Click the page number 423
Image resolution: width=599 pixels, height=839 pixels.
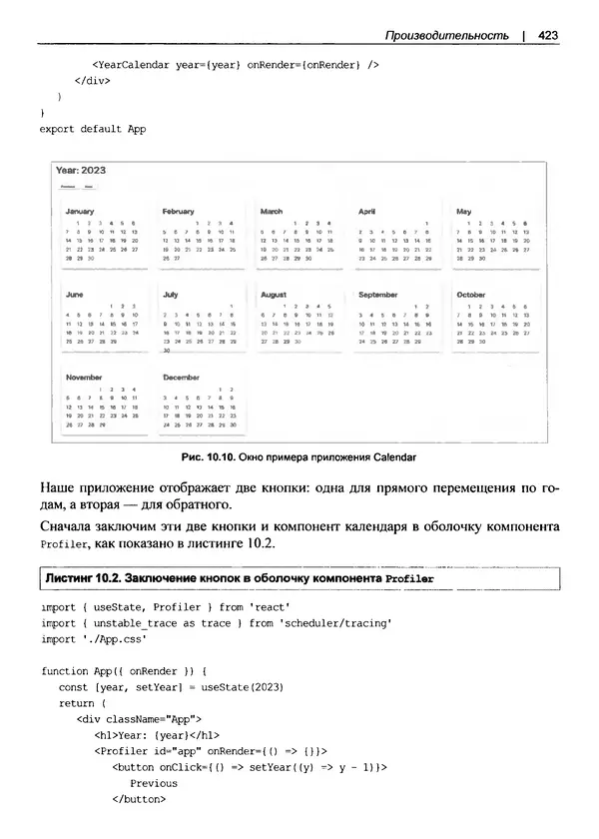pyautogui.click(x=546, y=35)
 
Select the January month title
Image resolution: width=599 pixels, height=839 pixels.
pyautogui.click(x=80, y=212)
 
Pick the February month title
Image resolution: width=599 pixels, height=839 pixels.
pyautogui.click(x=178, y=212)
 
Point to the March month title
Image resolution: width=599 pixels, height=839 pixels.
pyautogui.click(x=272, y=212)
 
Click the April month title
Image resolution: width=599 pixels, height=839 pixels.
pyautogui.click(x=366, y=212)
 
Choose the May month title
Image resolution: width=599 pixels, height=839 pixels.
pyautogui.click(x=463, y=212)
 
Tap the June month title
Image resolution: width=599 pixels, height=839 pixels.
pyautogui.click(x=75, y=296)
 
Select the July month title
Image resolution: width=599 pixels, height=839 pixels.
pyautogui.click(x=170, y=296)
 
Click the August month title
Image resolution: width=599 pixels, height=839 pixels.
pyautogui.click(x=274, y=296)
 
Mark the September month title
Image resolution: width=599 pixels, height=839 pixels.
pyautogui.click(x=377, y=296)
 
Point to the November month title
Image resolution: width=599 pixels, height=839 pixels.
pyautogui.click(x=84, y=378)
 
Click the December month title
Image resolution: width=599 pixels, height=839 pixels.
pyautogui.click(x=181, y=378)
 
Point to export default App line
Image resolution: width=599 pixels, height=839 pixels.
pyautogui.click(x=93, y=129)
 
